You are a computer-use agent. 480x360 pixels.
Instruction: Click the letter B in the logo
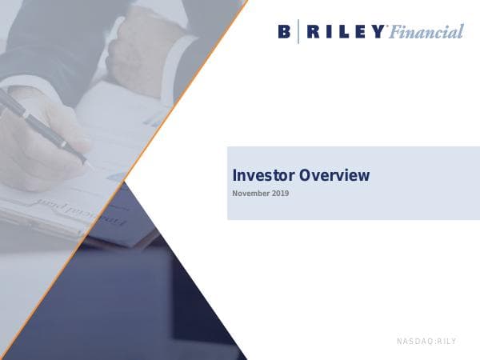285,32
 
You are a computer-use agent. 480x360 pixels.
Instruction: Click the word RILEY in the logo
345,32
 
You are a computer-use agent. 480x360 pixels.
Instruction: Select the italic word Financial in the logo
426,33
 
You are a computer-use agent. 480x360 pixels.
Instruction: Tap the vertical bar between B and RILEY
298,32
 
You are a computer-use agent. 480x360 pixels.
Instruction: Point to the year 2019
279,194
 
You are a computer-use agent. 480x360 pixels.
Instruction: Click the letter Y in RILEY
378,32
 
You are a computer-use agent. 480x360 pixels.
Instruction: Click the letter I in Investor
234,175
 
